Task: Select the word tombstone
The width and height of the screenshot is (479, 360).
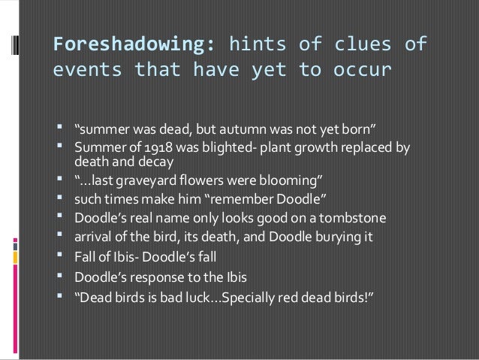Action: pos(351,219)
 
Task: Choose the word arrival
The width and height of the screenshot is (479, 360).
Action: pos(91,237)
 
